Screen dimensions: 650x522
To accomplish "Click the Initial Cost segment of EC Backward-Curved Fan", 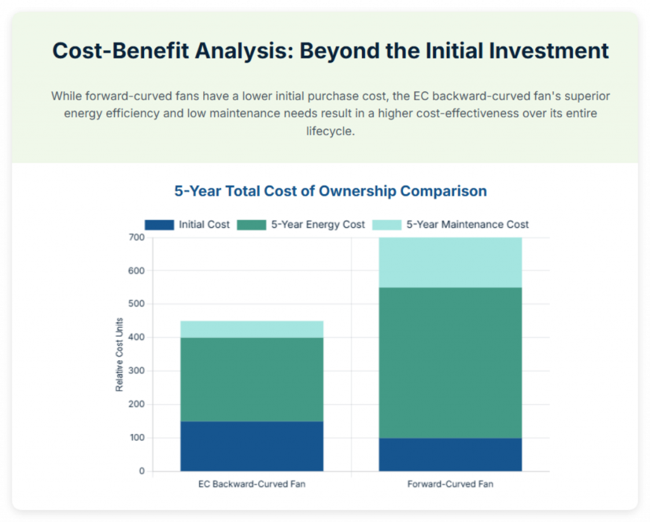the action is [x=251, y=446].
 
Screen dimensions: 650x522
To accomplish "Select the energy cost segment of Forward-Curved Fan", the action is [x=450, y=362].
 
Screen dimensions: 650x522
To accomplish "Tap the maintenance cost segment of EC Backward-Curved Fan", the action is [x=251, y=329].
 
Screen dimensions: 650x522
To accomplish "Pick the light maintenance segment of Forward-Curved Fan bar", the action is [x=450, y=263].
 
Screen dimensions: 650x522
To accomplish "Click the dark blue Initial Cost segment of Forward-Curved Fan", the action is [x=450, y=454].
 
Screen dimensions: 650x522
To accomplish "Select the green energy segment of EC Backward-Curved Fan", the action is [x=251, y=379].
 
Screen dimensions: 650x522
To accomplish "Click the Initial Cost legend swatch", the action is [x=159, y=225].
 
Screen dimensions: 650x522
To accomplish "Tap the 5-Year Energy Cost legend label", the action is [x=317, y=225].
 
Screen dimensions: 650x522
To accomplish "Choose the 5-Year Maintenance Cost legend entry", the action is [x=467, y=225].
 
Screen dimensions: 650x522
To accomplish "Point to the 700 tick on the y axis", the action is [x=137, y=237].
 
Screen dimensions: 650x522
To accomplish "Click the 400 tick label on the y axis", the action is [x=137, y=337].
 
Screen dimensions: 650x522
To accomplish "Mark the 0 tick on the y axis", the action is [x=142, y=471].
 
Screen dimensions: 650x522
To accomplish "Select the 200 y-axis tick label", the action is [x=137, y=405].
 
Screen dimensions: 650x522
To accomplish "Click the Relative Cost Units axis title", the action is [x=119, y=355].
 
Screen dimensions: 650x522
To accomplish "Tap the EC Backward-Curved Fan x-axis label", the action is [x=251, y=484].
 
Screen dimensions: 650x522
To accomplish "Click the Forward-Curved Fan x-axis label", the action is [x=450, y=484].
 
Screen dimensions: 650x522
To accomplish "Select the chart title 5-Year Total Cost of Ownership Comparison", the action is [x=330, y=191].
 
